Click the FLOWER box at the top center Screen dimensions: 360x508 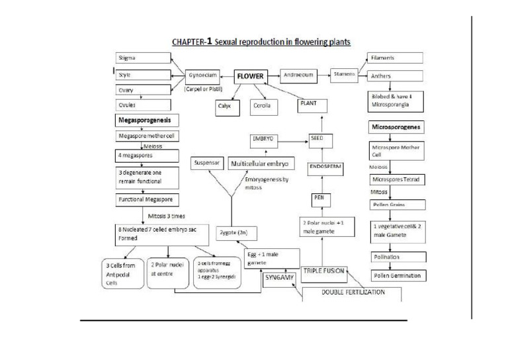[x=251, y=76]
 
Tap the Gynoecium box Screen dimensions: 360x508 [x=202, y=75]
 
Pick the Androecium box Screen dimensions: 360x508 [x=299, y=75]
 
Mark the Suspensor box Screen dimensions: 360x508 [x=207, y=162]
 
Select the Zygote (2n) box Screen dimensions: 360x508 [x=233, y=233]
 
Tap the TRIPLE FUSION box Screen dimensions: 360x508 [x=325, y=271]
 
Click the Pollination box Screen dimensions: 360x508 [x=396, y=257]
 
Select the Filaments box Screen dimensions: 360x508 [x=394, y=58]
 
